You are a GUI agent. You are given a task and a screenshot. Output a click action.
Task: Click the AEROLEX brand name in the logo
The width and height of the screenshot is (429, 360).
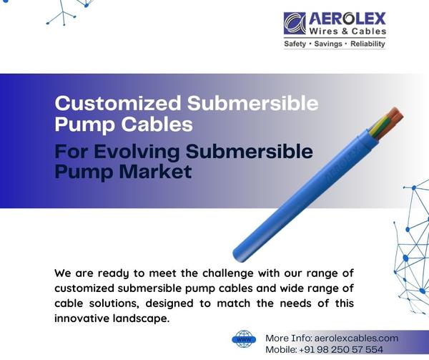[347, 17]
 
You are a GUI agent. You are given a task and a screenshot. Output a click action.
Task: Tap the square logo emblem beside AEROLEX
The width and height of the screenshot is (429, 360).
[294, 23]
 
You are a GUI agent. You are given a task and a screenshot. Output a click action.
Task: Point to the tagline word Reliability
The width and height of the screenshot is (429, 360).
[365, 44]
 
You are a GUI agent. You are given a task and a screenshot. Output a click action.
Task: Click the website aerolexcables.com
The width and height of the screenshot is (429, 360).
[357, 337]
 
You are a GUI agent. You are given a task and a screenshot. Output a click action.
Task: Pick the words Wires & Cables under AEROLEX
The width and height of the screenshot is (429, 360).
[347, 31]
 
